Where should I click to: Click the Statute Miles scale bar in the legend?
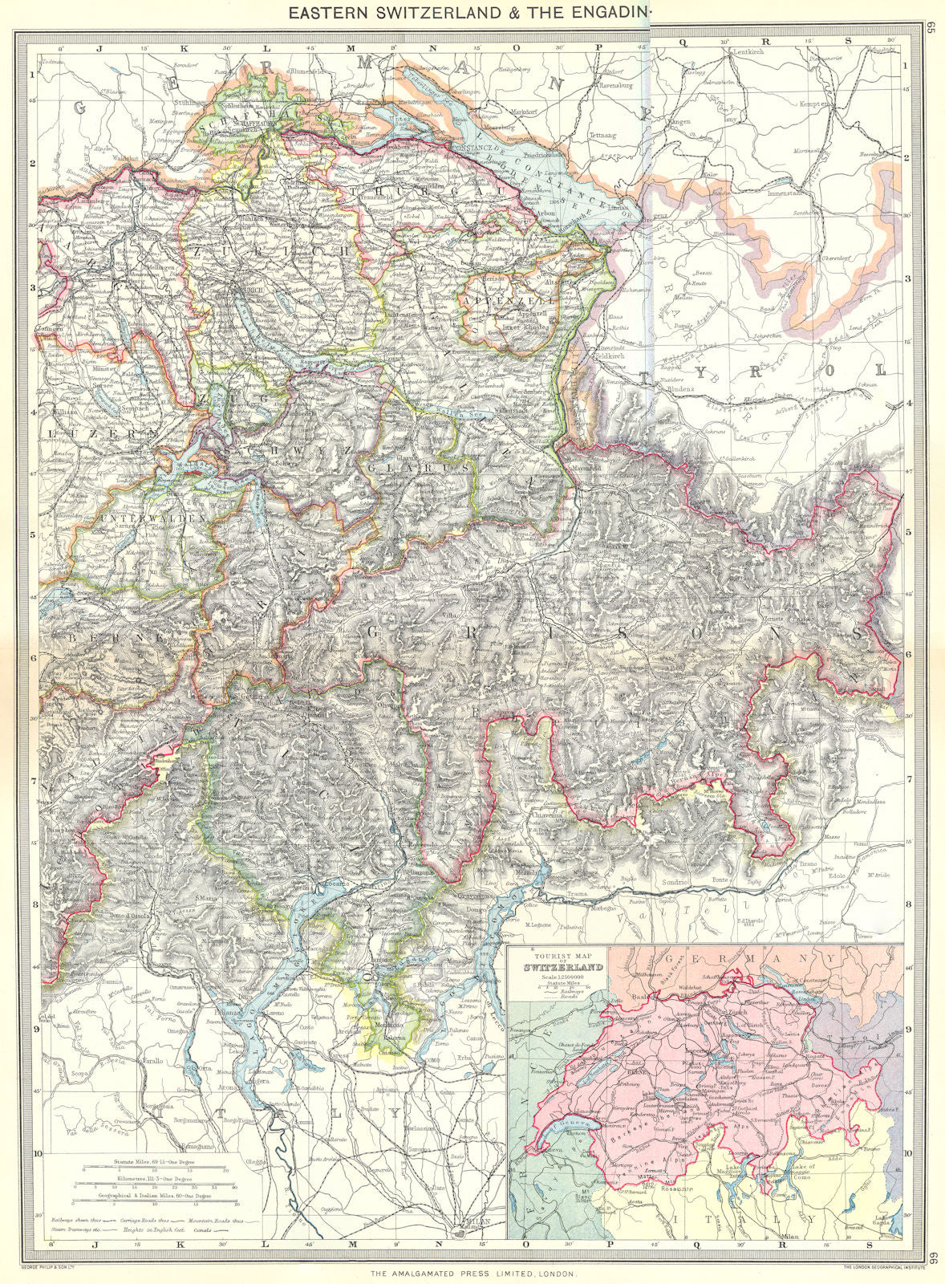pos(156,1164)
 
